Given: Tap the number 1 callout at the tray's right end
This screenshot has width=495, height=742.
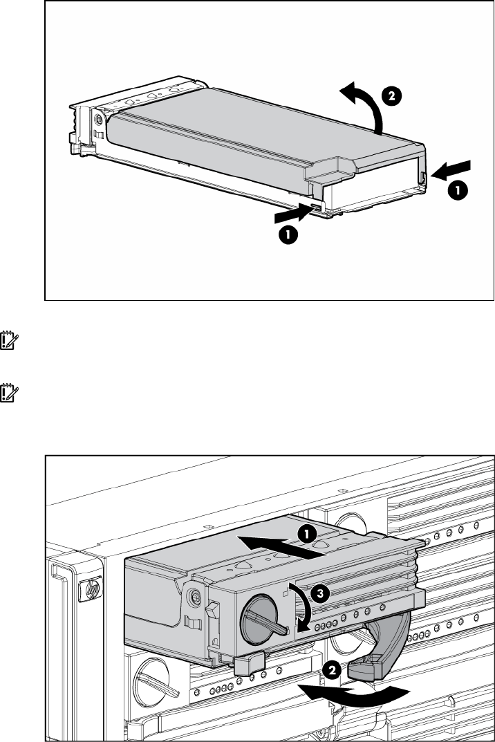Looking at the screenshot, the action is coord(458,191).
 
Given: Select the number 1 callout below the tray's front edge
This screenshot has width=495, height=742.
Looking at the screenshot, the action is coord(288,234).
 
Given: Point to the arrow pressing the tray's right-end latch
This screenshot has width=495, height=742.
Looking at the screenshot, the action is coord(451,170).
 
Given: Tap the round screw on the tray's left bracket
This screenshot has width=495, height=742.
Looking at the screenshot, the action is coord(98,118).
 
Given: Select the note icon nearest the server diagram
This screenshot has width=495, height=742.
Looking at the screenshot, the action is coord(9,393).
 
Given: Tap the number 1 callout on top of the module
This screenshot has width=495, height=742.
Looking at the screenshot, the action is coord(307,535).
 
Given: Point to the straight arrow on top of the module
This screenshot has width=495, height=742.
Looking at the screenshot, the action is coord(280,546).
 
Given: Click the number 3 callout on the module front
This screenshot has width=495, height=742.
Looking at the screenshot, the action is coord(320,593).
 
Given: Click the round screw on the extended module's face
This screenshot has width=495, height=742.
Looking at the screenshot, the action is coord(194,595).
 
